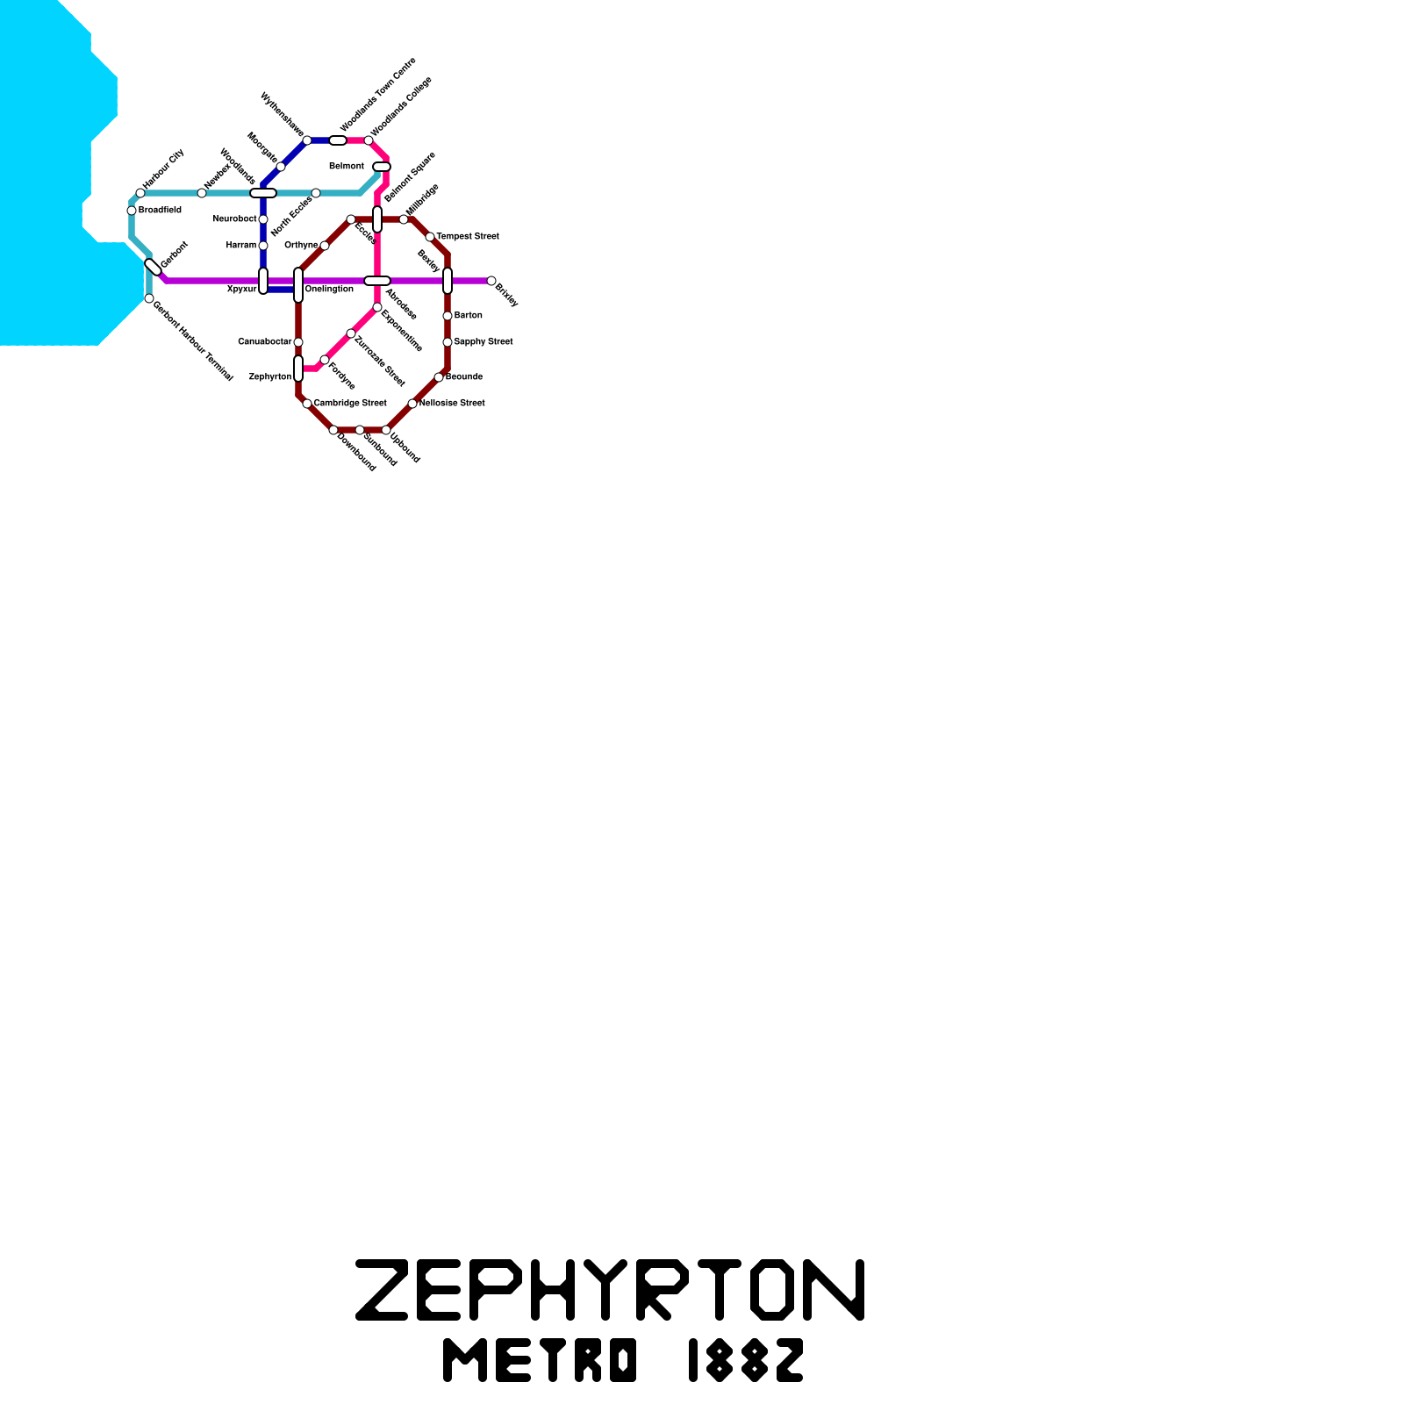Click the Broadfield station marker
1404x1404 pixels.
tap(132, 211)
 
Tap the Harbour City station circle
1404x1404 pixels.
tap(140, 193)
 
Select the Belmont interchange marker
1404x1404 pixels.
tap(382, 167)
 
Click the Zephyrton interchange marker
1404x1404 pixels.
tap(298, 369)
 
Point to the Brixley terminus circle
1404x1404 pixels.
tap(491, 281)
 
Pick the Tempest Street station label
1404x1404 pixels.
tap(468, 237)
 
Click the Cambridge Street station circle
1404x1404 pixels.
tap(307, 404)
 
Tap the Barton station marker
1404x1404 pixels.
tap(448, 316)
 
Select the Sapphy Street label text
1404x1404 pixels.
tap(484, 342)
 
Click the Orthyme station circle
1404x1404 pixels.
tap(325, 246)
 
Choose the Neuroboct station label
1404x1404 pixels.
tap(235, 219)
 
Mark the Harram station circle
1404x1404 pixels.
tap(263, 246)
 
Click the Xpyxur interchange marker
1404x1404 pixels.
tap(263, 281)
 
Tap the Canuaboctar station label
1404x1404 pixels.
tap(265, 342)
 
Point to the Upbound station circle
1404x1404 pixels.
tap(386, 430)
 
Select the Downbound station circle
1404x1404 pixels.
tap(333, 430)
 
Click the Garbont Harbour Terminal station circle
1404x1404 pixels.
tap(149, 298)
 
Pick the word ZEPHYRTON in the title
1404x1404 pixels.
tap(610, 1290)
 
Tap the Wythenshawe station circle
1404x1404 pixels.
tap(307, 140)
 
